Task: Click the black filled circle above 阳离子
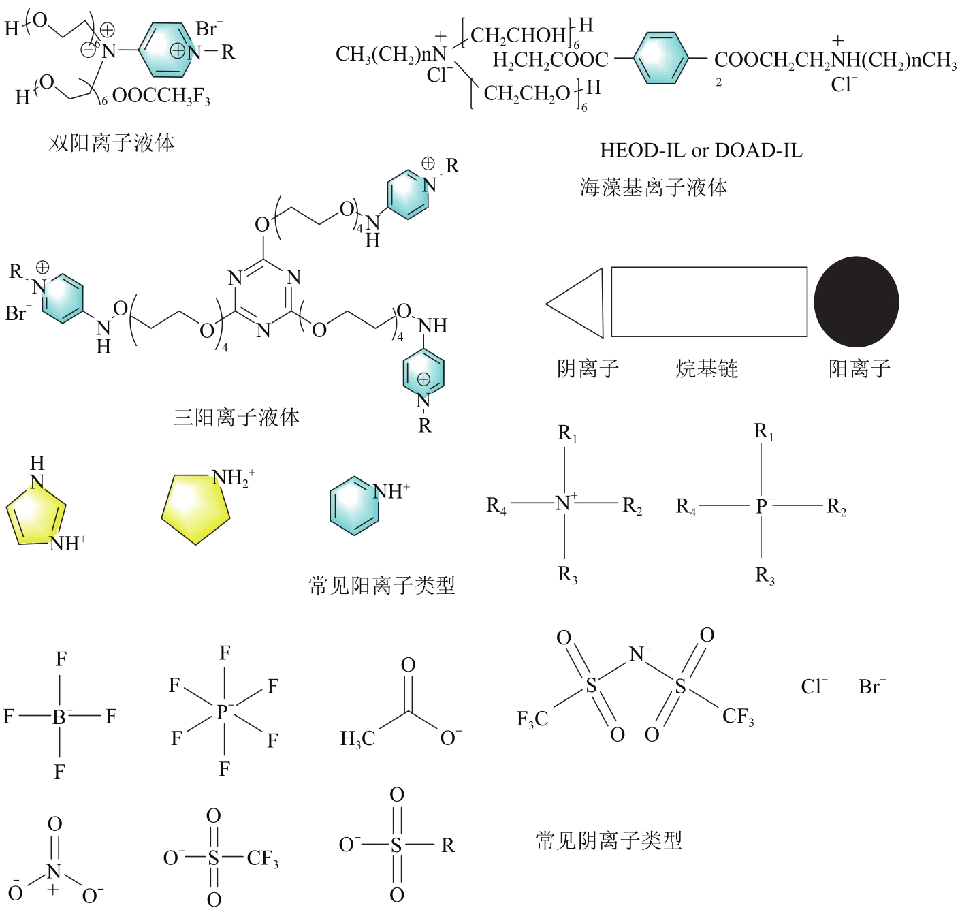[856, 302]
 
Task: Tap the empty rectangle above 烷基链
[709, 302]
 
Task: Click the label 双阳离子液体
[112, 142]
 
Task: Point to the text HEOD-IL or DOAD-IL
[701, 151]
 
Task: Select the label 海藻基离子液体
[654, 187]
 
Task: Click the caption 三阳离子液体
[236, 417]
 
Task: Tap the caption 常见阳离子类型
[382, 584]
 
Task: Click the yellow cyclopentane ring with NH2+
[195, 509]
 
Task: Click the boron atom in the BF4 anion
[59, 717]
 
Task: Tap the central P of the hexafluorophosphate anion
[223, 712]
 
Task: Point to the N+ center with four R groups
[564, 503]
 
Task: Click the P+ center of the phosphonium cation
[762, 506]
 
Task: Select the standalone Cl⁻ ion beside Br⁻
[814, 687]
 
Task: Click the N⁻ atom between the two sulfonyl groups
[639, 654]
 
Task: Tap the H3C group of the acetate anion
[357, 738]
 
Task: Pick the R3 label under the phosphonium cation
[765, 576]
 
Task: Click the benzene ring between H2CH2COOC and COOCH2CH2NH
[660, 59]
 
